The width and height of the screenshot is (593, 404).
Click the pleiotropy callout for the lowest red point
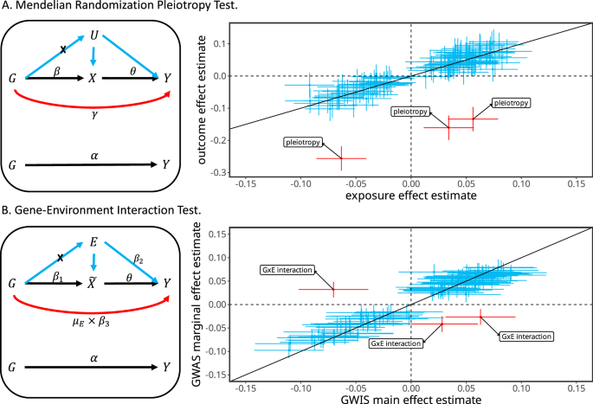[304, 142]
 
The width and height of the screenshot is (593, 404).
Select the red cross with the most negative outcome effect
[341, 158]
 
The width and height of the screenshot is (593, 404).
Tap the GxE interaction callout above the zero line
[286, 270]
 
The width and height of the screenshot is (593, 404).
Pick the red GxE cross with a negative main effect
[333, 289]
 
